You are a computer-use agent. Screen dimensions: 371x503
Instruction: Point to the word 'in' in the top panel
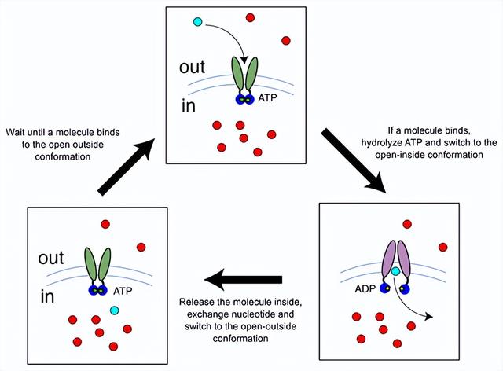(189, 105)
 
